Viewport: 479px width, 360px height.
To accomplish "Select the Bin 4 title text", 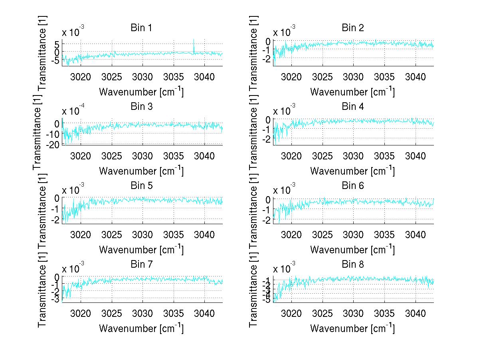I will (352, 107).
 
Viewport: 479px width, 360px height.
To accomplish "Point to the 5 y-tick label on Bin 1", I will (57, 44).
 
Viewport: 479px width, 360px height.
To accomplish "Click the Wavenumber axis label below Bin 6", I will (352, 250).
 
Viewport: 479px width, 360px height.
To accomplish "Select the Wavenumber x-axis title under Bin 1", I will (141, 92).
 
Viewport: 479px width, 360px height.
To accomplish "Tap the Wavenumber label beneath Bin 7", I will (141, 328).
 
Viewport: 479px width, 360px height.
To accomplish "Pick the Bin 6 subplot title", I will (352, 185).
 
